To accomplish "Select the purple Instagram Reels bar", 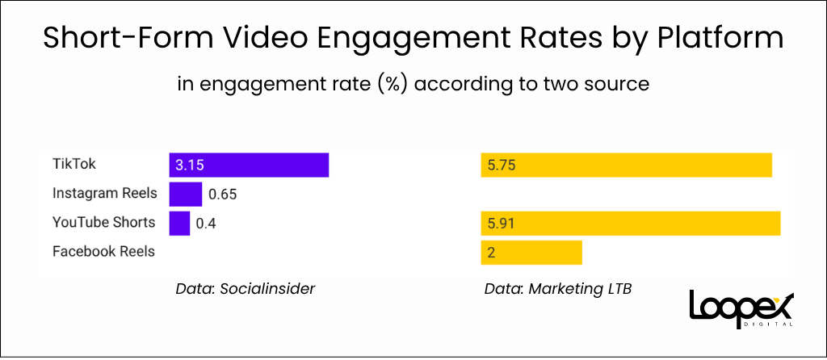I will (x=185, y=194).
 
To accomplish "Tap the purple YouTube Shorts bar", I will (x=179, y=223).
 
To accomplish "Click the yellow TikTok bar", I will (x=627, y=165).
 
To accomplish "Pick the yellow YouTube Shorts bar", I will (x=630, y=223).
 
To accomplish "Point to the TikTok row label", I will (x=74, y=164).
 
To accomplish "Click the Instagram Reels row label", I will (x=105, y=193).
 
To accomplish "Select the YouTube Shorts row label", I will (x=103, y=222).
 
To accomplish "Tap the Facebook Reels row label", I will (x=103, y=251).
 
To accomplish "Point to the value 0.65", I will (x=222, y=195).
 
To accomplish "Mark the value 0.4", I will (x=207, y=224).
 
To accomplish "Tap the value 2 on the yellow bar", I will (x=491, y=253).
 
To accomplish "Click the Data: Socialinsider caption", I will (x=245, y=288).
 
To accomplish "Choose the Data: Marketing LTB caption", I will (x=557, y=288).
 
